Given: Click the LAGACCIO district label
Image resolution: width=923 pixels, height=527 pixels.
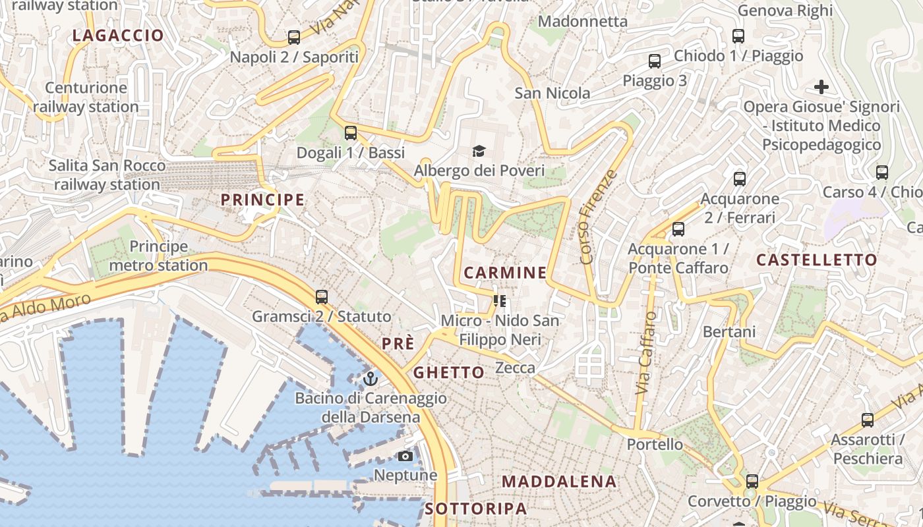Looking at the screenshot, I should coord(118,36).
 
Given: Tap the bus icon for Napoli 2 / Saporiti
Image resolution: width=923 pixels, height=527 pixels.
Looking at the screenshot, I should coord(294,38).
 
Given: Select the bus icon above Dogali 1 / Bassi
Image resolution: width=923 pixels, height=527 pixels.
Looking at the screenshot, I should coord(351,133).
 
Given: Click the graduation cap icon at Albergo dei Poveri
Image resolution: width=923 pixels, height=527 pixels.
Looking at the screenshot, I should coord(479,152).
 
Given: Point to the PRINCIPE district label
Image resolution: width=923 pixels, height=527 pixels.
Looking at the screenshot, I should coord(262,200).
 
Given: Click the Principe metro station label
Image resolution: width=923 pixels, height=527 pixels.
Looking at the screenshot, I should coord(158,256).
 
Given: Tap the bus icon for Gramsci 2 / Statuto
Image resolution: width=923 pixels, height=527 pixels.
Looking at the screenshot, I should coord(322,297).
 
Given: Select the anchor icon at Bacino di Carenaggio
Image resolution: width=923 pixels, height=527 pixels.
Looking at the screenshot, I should coord(371,379).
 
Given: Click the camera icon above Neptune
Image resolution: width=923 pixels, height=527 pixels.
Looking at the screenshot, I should coord(405,456).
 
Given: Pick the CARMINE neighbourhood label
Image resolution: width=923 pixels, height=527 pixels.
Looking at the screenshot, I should coord(505,273).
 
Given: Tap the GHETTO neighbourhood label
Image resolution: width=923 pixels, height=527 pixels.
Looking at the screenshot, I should coord(449,373).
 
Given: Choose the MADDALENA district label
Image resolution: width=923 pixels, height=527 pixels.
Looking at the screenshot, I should coord(559,482).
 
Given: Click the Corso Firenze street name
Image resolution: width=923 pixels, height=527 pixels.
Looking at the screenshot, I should coord(599,217).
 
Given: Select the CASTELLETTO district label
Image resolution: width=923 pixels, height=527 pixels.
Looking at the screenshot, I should coord(817,260).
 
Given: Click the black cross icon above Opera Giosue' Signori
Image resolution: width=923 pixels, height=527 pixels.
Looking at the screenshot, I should coord(821,87).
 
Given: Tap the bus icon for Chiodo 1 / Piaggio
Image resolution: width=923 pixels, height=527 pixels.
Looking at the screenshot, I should coord(738,36).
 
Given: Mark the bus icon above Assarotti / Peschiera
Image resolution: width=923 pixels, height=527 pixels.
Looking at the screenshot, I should coord(868,420).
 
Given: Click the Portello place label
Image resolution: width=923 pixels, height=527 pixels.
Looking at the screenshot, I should coord(655,444).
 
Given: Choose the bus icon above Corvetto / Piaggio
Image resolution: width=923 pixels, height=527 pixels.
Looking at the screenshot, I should coord(752,482).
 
